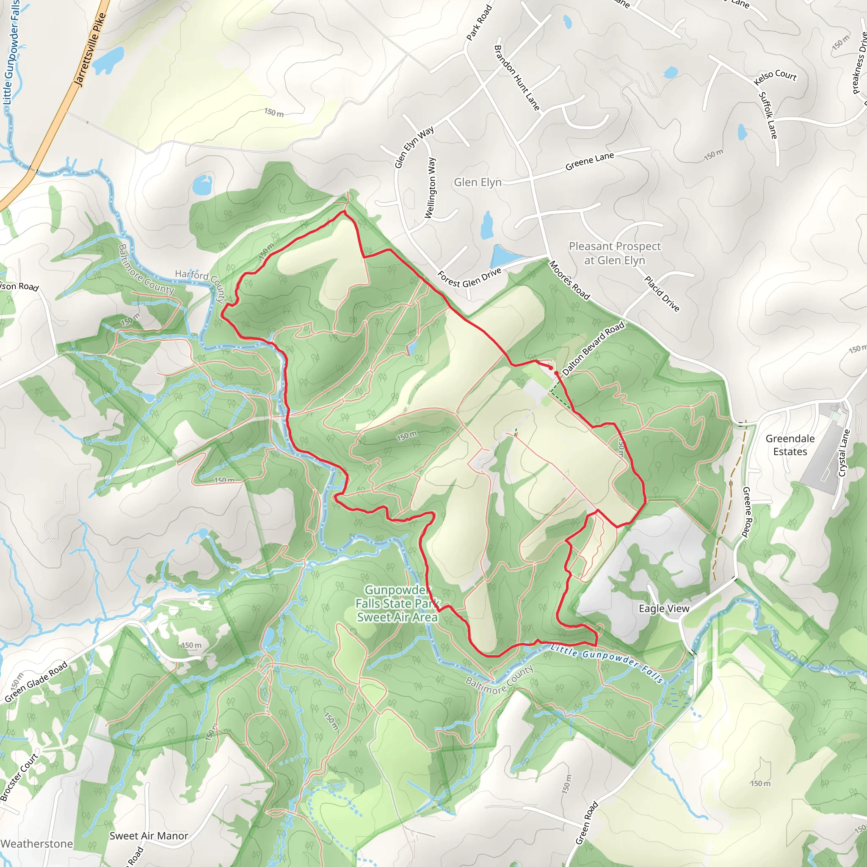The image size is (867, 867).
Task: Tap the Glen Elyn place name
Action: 478,182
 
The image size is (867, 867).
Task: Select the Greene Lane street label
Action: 589,161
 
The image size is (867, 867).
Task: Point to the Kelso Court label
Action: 775,77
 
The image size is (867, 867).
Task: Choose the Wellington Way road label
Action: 430,188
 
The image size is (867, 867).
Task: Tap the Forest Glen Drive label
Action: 469,278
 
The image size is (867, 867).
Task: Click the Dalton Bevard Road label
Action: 593,348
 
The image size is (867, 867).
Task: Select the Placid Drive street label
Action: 662,293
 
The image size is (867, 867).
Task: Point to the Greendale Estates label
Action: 790,445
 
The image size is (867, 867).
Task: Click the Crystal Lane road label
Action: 844,453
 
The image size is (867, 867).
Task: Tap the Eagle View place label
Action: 664,608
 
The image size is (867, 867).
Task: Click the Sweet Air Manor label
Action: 149,836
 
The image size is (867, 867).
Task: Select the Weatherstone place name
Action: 37,844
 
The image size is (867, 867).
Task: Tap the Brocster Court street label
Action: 19,778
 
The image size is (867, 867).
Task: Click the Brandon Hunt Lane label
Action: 516,77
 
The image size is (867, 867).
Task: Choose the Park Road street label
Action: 479,22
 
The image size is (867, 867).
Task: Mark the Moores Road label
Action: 569,280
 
